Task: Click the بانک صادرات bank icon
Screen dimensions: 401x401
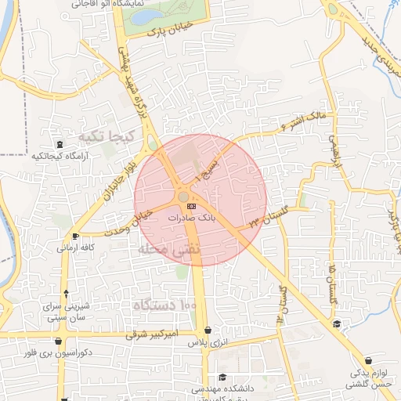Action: [193, 205]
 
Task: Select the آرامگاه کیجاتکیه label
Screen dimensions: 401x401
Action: [59, 156]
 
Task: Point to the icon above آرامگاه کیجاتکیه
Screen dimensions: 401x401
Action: [60, 144]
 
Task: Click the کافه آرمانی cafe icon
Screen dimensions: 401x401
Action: [75, 236]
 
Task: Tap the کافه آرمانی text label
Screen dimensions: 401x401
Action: [76, 247]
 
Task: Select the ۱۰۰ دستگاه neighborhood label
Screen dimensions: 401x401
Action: [162, 304]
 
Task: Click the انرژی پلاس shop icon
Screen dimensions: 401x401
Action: [207, 331]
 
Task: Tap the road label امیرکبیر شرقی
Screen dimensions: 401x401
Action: [135, 334]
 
